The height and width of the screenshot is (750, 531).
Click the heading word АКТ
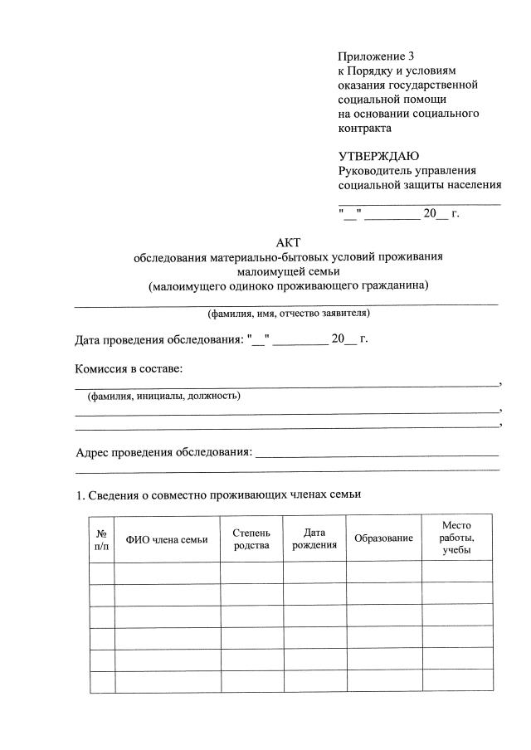point(287,241)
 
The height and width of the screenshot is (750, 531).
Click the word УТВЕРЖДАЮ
point(378,157)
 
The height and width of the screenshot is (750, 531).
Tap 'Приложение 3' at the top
point(375,56)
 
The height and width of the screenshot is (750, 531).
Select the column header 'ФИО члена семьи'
point(167,539)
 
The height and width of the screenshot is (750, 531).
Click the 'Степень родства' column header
point(251,538)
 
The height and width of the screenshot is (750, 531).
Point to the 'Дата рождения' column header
point(314,538)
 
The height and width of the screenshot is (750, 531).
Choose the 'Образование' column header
point(383,539)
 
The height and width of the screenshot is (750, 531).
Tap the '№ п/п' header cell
point(101,539)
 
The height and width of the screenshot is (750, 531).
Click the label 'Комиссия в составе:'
point(129,368)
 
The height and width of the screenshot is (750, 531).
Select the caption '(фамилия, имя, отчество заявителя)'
point(288,314)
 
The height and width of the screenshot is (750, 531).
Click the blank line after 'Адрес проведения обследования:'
point(378,454)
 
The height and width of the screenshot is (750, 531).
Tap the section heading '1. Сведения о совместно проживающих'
point(219,495)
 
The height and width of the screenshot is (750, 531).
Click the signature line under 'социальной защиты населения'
point(419,202)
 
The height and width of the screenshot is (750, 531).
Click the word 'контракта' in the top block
point(365,128)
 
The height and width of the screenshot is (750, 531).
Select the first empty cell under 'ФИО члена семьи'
point(167,573)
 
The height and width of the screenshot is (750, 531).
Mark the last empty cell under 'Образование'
point(383,682)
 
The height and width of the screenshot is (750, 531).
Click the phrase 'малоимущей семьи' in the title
point(288,271)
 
